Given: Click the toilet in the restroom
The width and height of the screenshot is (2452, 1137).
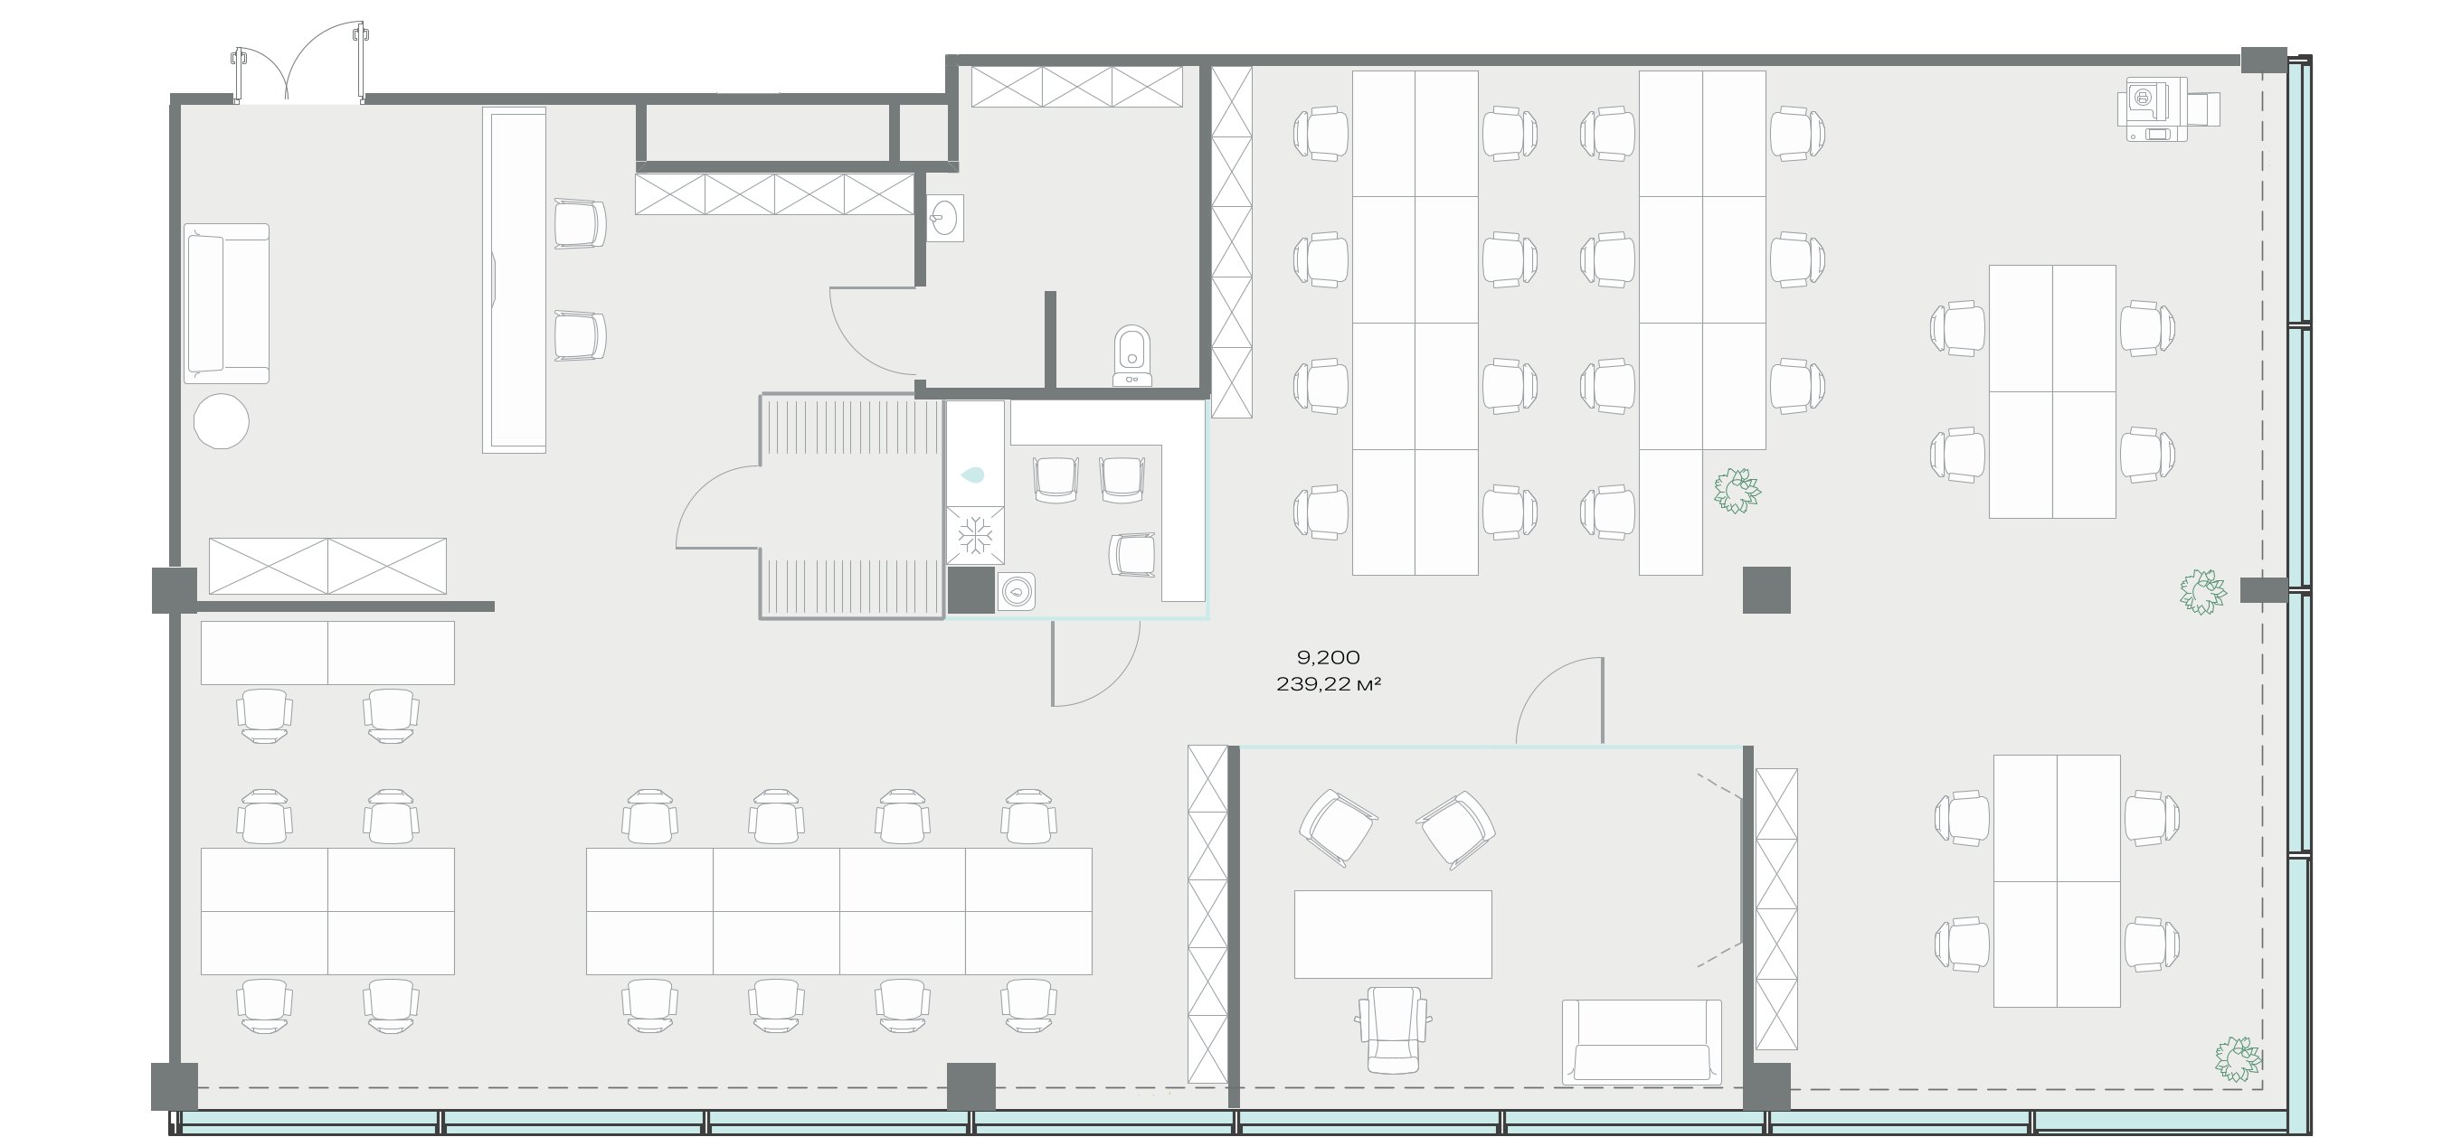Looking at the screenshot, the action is [x=1131, y=356].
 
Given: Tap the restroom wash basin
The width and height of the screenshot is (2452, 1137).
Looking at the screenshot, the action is [x=944, y=219].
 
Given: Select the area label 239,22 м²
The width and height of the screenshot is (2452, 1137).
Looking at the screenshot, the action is [x=1328, y=684].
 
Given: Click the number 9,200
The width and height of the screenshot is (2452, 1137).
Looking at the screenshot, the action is [x=1328, y=656].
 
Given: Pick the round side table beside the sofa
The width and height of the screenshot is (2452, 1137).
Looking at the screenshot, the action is [x=221, y=420].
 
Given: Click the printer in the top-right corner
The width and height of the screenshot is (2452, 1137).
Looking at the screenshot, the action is [x=2167, y=108].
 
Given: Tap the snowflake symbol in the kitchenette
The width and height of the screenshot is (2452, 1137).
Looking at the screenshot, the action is [x=975, y=535].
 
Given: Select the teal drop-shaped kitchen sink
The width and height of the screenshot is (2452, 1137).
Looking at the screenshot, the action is [x=973, y=474].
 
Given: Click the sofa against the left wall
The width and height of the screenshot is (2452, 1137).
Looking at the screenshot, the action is [x=226, y=304].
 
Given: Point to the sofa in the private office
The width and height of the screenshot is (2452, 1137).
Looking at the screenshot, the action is [x=1642, y=1042].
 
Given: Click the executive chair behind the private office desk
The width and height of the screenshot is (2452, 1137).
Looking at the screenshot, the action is [x=1394, y=1029].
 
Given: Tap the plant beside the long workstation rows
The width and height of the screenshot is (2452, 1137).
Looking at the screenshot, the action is [x=1737, y=491].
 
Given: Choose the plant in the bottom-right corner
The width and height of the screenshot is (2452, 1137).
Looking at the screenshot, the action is [x=2238, y=1059].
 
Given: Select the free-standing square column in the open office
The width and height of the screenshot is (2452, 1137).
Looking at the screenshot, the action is [x=1766, y=590].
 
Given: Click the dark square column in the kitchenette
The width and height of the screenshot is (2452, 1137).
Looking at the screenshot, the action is [x=970, y=590].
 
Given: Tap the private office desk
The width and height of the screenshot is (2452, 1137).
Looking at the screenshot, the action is [x=1393, y=935].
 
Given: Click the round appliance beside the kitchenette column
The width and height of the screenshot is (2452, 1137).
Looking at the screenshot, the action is [x=1017, y=591].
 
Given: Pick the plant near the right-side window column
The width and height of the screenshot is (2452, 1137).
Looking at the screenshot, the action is [x=2203, y=592].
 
